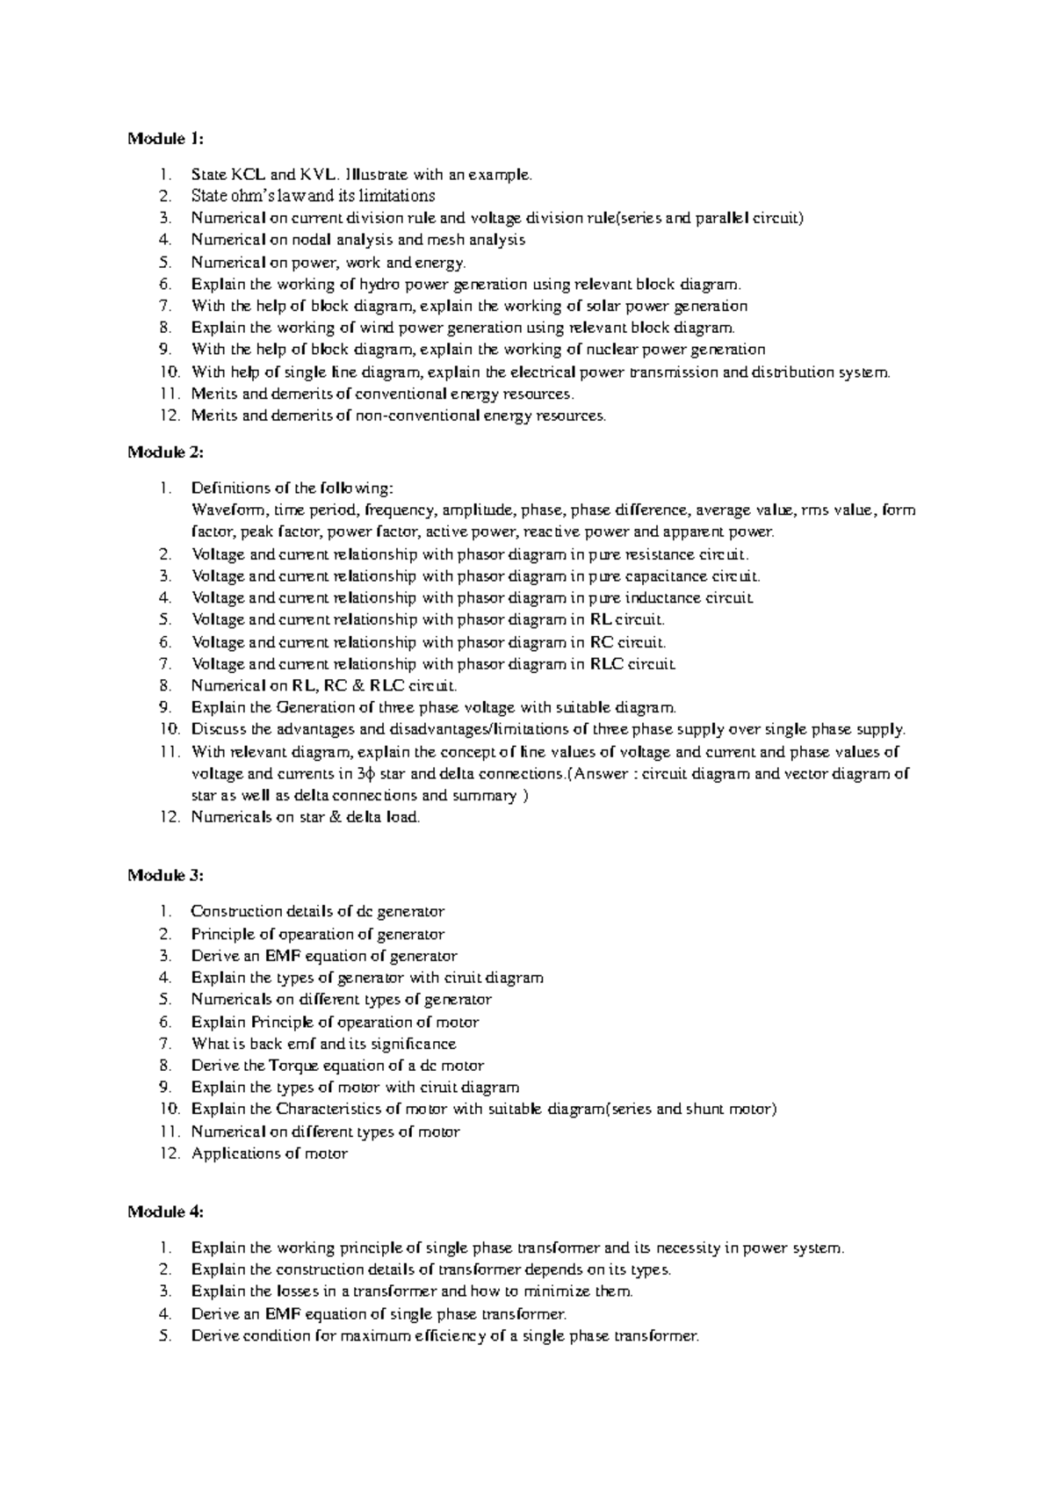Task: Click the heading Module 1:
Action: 165,138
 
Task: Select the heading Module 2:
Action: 165,452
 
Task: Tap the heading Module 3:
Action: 165,875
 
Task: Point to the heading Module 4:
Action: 165,1212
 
